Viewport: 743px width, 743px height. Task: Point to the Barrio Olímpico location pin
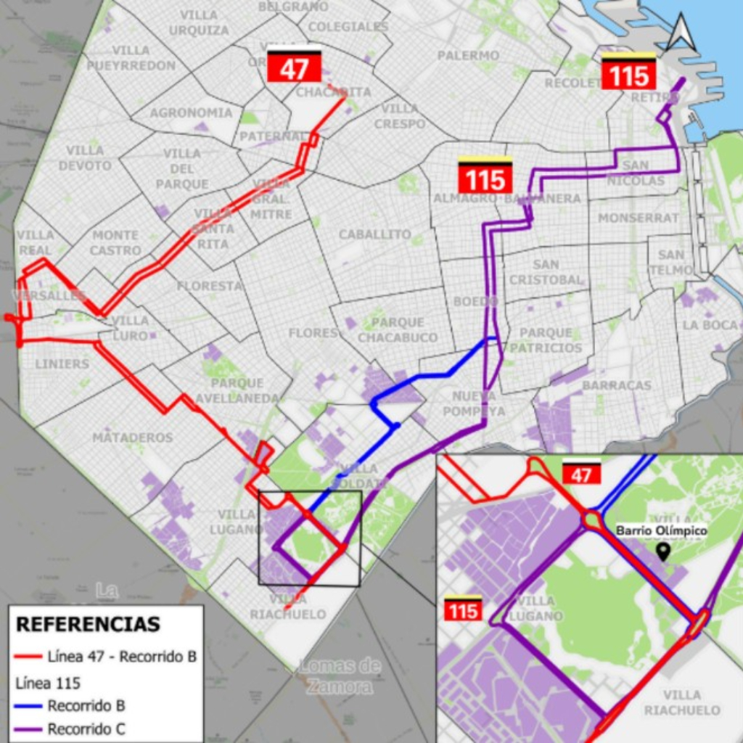(x=662, y=552)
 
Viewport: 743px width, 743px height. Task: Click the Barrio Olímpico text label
(x=661, y=531)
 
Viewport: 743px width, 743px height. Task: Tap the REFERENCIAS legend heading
(x=88, y=624)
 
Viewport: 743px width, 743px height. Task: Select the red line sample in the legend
(x=28, y=657)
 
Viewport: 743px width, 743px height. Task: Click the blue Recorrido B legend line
(x=28, y=706)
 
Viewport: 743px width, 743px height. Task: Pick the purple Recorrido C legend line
(x=28, y=729)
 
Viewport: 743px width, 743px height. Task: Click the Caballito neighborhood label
(x=375, y=235)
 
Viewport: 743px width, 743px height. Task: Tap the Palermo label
(x=468, y=55)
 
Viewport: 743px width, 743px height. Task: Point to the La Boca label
(x=710, y=325)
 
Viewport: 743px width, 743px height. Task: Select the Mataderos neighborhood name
(x=132, y=438)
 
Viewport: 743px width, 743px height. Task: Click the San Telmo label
(x=671, y=262)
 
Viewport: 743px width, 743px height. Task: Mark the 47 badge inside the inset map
(x=582, y=475)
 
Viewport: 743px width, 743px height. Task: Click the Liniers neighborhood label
(x=62, y=364)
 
